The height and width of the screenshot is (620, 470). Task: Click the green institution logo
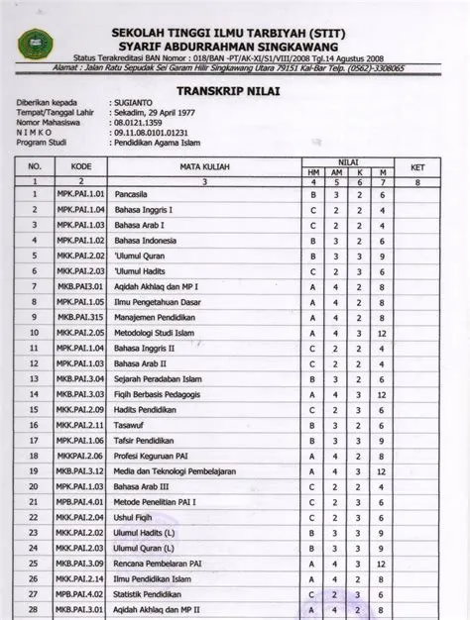(x=37, y=42)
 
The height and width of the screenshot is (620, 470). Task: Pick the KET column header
(x=417, y=166)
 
